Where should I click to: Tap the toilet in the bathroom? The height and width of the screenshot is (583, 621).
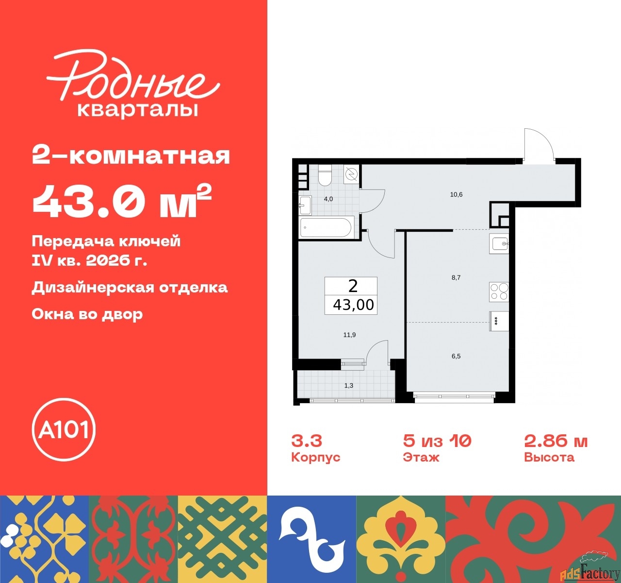(x=324, y=176)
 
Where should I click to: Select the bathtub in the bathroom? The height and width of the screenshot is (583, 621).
(x=327, y=227)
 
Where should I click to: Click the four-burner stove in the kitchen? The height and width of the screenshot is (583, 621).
(x=499, y=291)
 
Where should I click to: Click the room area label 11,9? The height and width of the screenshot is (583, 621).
(x=349, y=335)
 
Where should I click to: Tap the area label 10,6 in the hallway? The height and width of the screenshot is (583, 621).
(x=456, y=195)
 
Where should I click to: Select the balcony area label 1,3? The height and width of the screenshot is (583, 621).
(x=348, y=385)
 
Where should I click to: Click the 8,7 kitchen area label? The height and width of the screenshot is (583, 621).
(x=456, y=278)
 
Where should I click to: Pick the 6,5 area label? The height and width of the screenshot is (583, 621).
(x=456, y=356)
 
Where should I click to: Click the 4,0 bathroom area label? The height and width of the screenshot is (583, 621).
(x=328, y=199)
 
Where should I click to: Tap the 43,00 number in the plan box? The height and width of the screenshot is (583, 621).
(x=353, y=305)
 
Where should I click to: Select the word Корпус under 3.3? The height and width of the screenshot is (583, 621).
(x=315, y=457)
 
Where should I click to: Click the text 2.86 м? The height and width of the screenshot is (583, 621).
(x=556, y=441)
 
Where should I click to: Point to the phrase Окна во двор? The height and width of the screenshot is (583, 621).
(x=87, y=314)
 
